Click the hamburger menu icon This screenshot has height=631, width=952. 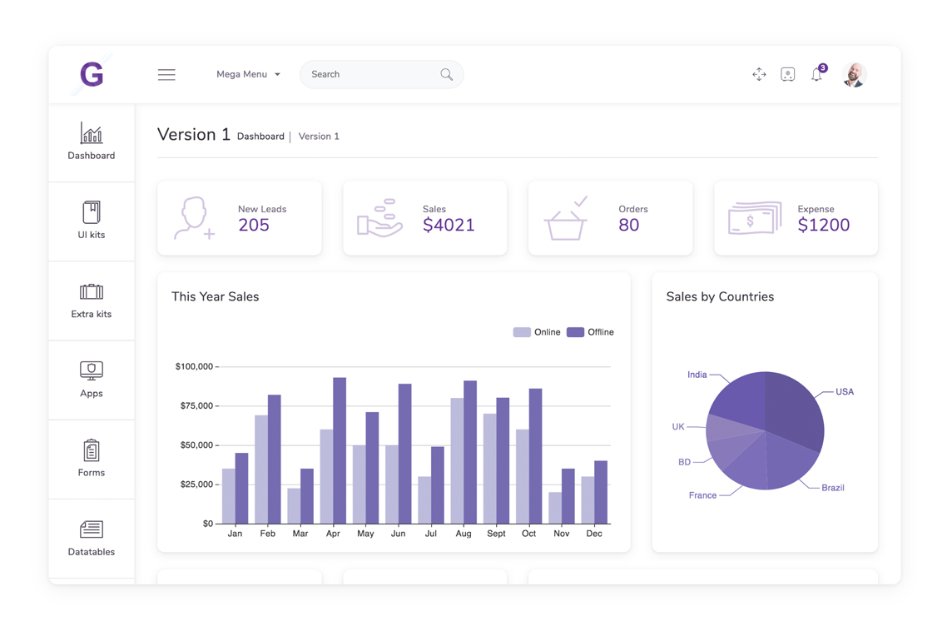point(166,75)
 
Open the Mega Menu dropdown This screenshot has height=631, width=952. point(248,74)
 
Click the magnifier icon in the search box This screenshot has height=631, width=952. point(446,74)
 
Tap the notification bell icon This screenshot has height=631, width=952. point(817,73)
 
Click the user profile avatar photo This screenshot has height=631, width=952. point(855,75)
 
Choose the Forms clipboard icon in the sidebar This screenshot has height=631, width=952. point(91,450)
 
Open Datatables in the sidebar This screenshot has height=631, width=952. point(91,538)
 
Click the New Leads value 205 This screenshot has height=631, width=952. point(254,226)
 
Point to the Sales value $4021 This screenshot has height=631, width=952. point(449,226)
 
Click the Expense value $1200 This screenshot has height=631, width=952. point(823,226)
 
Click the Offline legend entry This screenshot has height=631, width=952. point(590,332)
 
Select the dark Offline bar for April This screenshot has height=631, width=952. point(340,450)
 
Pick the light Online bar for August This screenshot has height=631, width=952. point(457,461)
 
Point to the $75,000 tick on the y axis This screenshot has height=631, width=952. point(196,405)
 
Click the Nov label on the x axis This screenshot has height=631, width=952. point(562,534)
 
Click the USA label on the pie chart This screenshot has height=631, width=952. point(845,392)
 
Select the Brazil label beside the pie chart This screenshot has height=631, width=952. point(833,488)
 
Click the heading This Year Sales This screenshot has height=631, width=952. point(215,297)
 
